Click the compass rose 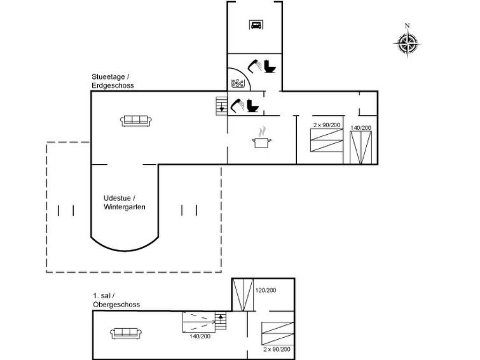408,44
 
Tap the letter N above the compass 407,25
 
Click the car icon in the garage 256,25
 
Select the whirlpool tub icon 238,83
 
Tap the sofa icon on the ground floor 136,121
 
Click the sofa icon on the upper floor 126,333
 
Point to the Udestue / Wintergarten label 124,202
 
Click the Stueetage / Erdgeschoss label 113,81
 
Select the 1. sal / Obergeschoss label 116,300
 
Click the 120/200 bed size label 266,290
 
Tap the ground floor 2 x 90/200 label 327,125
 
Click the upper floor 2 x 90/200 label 277,349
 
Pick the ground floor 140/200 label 361,128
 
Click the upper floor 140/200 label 200,336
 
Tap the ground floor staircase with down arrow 222,106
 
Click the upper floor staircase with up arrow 221,321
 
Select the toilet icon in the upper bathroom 270,66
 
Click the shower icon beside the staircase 237,105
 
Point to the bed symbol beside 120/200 243,295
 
